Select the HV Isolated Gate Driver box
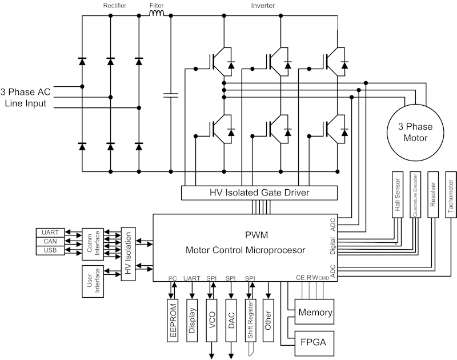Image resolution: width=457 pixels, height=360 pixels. (259, 193)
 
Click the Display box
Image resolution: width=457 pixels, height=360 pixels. (193, 320)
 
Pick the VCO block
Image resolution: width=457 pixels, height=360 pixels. (213, 320)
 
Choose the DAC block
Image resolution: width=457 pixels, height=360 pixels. (231, 320)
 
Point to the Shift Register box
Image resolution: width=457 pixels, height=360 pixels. (250, 320)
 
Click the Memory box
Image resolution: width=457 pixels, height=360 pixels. (314, 313)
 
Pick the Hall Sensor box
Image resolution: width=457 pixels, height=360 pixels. (398, 194)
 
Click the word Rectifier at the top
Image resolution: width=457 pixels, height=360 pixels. (114, 5)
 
